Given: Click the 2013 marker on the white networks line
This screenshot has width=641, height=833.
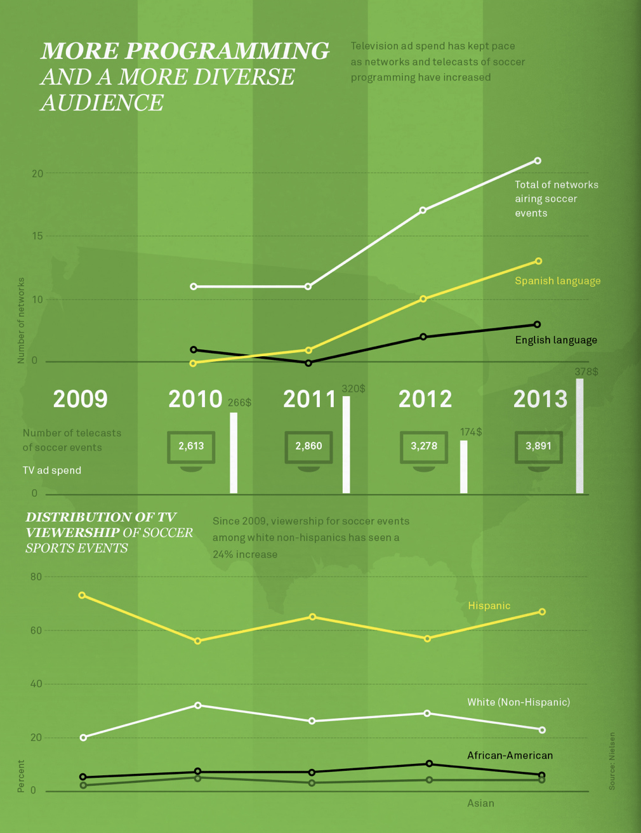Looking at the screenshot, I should click(538, 161).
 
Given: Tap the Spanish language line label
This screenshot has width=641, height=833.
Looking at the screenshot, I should click(557, 281).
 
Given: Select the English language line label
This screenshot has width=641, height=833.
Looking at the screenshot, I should click(556, 340).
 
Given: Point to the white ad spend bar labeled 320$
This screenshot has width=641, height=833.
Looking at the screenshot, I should click(347, 444).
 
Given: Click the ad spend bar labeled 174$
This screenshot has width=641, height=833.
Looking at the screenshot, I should click(464, 467).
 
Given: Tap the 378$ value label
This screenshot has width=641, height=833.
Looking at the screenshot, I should click(586, 371).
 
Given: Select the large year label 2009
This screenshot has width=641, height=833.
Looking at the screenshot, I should click(81, 399).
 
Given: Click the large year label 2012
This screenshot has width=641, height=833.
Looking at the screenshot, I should click(425, 399).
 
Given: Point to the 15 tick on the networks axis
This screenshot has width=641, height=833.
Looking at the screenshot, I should click(37, 236).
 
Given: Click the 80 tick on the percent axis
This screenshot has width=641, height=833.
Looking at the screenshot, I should click(36, 576).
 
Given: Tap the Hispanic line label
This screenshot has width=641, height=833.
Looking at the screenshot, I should click(489, 606).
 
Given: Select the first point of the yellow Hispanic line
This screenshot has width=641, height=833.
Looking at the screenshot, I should click(83, 596).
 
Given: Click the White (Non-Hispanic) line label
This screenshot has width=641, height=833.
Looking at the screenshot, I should click(519, 702).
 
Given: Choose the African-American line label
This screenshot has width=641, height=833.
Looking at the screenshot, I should click(510, 756).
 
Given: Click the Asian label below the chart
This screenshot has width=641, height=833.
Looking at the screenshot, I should click(480, 803).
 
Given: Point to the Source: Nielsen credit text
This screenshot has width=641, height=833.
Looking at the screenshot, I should click(612, 761).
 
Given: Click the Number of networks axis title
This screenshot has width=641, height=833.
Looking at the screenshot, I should click(21, 321).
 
